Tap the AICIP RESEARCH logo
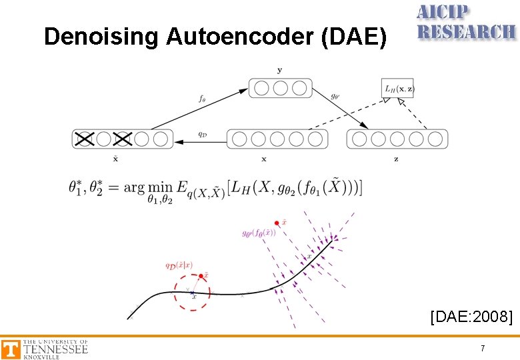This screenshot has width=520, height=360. [x=465, y=23]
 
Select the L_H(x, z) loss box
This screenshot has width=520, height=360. [x=398, y=88]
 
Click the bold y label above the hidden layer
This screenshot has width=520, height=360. [x=279, y=69]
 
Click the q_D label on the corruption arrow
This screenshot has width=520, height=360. [x=201, y=132]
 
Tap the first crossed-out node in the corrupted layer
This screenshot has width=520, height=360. [x=84, y=139]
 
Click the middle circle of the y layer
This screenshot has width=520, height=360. [x=280, y=88]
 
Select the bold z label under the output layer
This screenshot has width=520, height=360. [x=396, y=159]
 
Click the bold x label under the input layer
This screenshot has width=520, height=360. [x=264, y=159]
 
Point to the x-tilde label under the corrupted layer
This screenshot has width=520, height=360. [x=117, y=158]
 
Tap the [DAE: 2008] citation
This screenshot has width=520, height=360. [x=472, y=316]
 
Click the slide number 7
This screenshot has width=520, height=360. [x=483, y=349]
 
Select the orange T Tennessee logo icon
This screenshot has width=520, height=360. [x=11, y=349]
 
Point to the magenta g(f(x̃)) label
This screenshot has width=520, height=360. [x=259, y=233]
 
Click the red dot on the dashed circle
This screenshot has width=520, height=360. [x=201, y=275]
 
